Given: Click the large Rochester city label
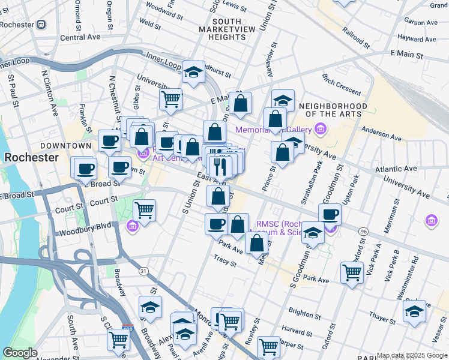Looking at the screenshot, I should point(31,158).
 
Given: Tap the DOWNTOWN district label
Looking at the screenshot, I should point(65,146).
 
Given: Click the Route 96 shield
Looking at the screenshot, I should point(363,231).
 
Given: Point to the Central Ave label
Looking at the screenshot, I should point(80,37).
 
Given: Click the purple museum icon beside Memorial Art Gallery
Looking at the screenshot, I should point(321,129).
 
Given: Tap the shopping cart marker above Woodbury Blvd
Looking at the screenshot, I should point(145,211).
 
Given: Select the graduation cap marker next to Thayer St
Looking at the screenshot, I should point(414,311).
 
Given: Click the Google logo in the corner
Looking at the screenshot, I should point(20,353).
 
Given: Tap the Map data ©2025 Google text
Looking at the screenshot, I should point(412,355).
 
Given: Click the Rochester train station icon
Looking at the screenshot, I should point(41,25).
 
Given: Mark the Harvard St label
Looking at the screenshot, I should point(294,329).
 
